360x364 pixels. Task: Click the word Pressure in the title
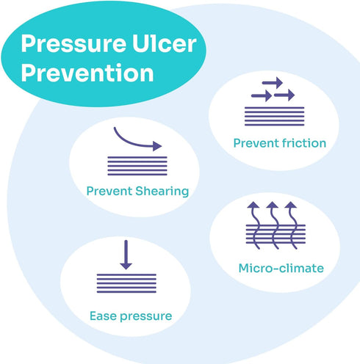pos(73,43)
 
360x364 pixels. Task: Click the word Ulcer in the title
pos(165,43)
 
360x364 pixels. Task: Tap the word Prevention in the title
pos(87,73)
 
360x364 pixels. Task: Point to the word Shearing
pos(162,192)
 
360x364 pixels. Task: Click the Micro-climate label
pos(281,268)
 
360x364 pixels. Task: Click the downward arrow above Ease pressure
pos(126,255)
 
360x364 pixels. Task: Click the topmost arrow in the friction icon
pos(273,83)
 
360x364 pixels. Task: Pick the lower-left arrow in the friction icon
pos(262,95)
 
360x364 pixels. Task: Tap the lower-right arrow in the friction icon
pos(284,95)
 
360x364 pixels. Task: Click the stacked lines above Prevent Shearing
pos(137,166)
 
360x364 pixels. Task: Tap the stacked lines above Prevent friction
pos(274,116)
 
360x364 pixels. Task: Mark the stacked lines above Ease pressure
pos(126,283)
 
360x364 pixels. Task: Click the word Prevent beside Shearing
pos(109,191)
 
